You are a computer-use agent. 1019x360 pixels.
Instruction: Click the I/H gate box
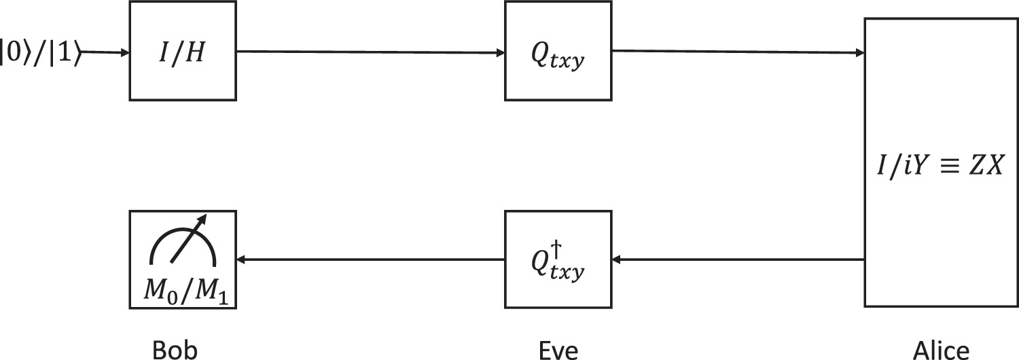pos(182,51)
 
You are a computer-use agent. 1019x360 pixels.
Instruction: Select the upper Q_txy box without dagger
pos(558,51)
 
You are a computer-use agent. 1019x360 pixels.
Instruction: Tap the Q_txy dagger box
pos(558,259)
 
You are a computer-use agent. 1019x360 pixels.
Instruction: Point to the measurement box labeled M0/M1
pos(182,259)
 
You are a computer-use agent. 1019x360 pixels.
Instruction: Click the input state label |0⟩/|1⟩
pos(42,52)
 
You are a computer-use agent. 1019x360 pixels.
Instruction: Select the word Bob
pos(175,349)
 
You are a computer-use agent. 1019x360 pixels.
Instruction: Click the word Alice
pos(940,349)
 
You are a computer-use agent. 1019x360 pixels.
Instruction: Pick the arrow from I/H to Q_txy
pos(370,51)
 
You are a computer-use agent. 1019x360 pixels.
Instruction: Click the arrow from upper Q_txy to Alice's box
pos(737,51)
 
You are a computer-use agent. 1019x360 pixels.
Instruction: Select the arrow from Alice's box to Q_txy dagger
pos(737,259)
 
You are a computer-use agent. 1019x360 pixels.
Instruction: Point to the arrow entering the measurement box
pos(370,259)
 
